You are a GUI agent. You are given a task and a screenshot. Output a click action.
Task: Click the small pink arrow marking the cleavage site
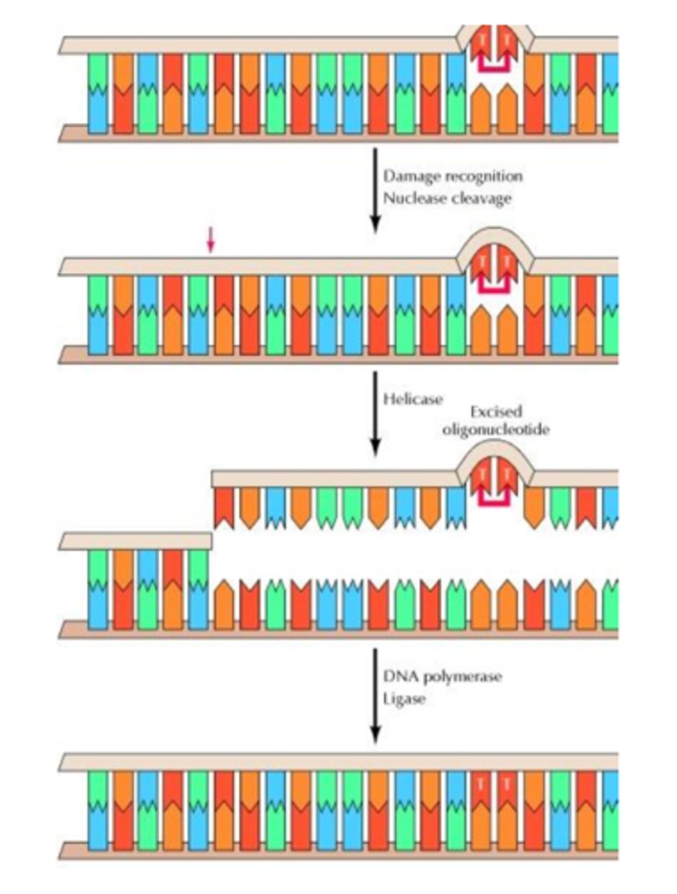pyautogui.click(x=210, y=240)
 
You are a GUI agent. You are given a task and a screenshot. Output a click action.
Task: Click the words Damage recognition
pyautogui.click(x=452, y=177)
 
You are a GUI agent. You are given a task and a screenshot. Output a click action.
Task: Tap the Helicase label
pyautogui.click(x=412, y=399)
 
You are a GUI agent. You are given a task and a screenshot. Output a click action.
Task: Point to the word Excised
pyautogui.click(x=496, y=412)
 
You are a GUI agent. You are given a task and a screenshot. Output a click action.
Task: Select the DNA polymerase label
pyautogui.click(x=442, y=678)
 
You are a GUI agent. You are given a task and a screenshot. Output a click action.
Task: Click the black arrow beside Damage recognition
pyautogui.click(x=375, y=190)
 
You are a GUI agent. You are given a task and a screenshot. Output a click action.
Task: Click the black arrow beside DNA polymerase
pyautogui.click(x=375, y=693)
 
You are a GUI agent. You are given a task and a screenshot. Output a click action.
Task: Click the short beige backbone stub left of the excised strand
pyautogui.click(x=134, y=540)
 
